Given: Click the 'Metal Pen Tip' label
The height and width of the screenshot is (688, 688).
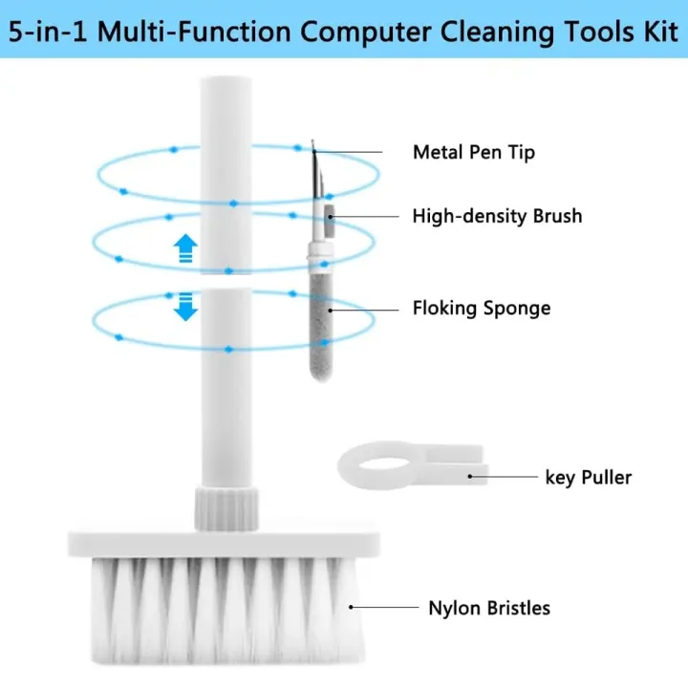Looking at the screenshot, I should coord(486,152).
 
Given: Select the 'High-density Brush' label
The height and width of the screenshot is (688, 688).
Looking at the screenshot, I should coord(496,216).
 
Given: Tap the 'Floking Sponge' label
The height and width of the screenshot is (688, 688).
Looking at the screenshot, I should coord(481,308).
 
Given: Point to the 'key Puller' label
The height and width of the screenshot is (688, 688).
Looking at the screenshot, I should coord(588,476).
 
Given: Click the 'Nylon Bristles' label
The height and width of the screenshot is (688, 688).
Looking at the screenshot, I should coord(488,607).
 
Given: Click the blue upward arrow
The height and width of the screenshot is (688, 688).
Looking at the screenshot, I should coord(185,249).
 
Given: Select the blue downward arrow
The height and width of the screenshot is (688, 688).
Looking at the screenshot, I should coord(185,307).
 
